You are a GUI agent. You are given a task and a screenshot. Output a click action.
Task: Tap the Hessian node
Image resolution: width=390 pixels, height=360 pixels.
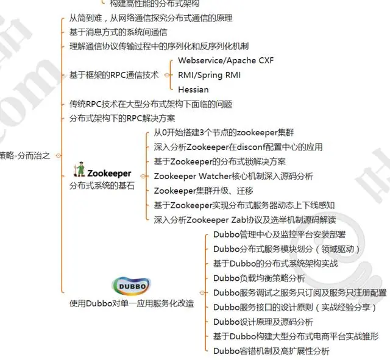193,89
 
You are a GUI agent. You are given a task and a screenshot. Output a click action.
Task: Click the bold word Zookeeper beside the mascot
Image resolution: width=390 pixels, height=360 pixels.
110,173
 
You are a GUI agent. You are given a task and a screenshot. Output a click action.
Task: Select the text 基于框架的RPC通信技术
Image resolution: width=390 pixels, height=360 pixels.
113,75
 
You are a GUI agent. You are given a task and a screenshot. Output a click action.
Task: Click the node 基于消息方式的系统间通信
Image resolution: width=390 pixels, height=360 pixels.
110,32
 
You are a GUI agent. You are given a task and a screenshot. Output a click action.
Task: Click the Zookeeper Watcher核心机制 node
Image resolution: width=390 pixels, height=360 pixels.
233,176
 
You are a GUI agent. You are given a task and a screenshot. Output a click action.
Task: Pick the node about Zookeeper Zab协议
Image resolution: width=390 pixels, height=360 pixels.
245,219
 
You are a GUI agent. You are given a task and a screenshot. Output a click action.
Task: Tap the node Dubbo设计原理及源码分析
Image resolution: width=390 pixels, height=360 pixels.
263,322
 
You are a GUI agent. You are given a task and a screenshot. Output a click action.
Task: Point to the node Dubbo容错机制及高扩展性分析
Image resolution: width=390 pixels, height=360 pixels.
271,350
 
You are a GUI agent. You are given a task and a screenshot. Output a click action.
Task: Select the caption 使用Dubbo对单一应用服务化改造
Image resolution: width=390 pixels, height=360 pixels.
132,303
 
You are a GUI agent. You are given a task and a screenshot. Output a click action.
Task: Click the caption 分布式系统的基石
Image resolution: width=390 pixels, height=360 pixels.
102,185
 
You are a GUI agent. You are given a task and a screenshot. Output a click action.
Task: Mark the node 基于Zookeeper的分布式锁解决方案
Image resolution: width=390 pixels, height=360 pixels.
220,161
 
